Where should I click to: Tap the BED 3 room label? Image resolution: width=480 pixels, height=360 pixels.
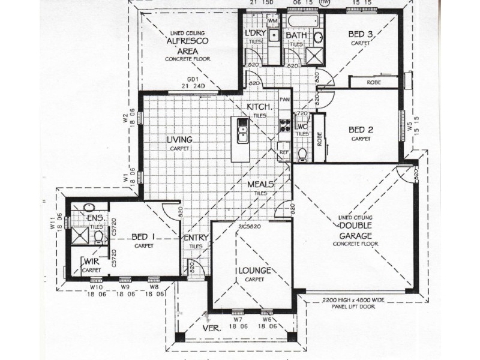coord(361,35)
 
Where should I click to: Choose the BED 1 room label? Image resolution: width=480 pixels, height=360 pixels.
coord(144,237)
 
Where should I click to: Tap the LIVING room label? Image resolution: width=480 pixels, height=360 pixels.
coord(179,140)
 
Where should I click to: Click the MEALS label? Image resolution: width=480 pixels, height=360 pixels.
coord(261,184)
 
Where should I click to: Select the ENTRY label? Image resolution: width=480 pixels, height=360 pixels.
coord(196,238)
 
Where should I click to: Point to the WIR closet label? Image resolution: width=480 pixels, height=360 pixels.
coord(91,263)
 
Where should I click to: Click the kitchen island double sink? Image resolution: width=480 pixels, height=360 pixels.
coord(242,131)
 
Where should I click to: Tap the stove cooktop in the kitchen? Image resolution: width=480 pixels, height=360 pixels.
coord(284,126)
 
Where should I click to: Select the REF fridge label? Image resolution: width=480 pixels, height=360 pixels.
coord(284,152)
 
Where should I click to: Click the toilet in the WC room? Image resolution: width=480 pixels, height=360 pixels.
coord(302,155)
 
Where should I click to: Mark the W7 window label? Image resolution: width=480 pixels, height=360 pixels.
coord(237,320)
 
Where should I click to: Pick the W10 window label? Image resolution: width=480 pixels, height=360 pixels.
coord(96,287)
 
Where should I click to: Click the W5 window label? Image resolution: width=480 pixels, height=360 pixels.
coord(410,127)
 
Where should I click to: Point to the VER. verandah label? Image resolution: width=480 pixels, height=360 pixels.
coord(211,329)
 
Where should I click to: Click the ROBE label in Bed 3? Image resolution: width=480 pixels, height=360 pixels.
coord(373,82)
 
